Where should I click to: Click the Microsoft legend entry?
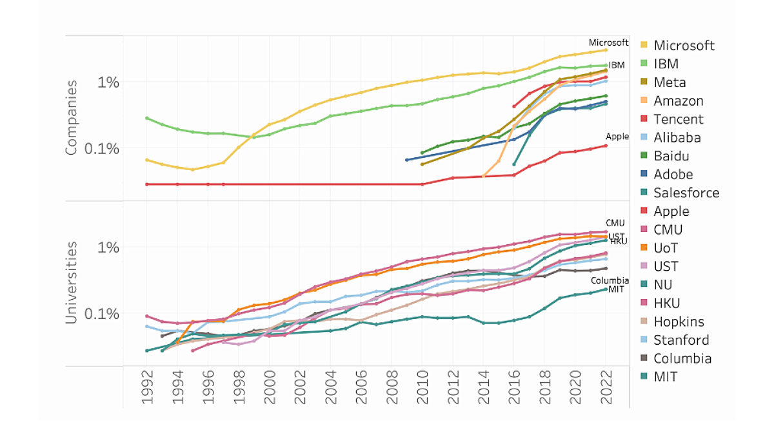tap(684, 45)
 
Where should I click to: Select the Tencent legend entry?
tap(679, 119)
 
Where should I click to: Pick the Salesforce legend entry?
tap(686, 193)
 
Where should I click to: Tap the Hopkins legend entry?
tap(679, 322)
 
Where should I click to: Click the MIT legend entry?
tap(666, 377)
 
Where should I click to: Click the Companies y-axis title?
tap(72, 117)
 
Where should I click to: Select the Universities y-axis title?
tap(72, 282)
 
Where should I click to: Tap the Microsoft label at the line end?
tap(608, 43)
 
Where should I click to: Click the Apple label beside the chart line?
tap(617, 137)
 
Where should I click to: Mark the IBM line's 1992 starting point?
tap(147, 118)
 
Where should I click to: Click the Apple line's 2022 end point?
tap(606, 146)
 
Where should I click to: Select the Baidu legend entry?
tap(671, 156)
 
